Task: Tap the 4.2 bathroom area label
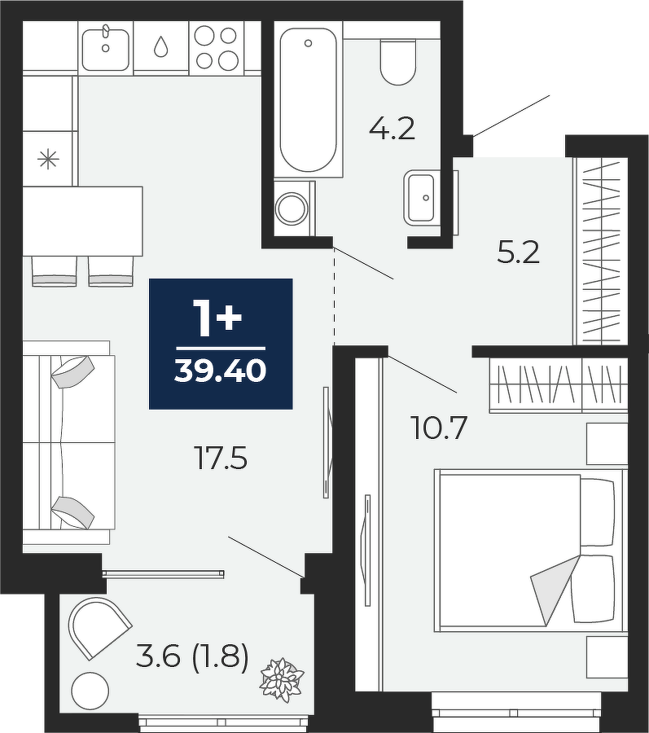point(392,129)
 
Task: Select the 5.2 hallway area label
point(518,253)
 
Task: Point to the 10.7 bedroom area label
point(439,428)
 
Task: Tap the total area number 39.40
point(221,371)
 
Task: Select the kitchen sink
point(106,49)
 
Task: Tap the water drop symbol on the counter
point(160,46)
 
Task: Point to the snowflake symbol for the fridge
point(48,160)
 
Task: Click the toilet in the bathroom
point(398,61)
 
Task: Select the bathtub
point(308,99)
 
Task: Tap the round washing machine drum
point(292,208)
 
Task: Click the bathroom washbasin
point(422,197)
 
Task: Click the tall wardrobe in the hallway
point(600,251)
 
